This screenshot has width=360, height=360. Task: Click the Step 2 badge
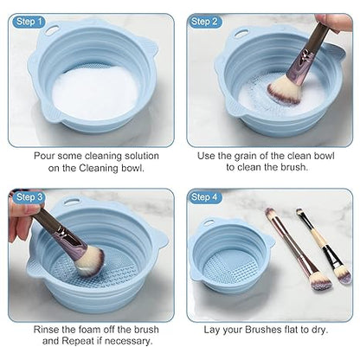point(205,20)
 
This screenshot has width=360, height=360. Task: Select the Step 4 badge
point(205,197)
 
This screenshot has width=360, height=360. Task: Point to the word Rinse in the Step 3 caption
point(48,329)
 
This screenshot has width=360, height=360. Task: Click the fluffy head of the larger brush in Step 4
point(318,279)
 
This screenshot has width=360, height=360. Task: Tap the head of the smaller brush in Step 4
point(344,273)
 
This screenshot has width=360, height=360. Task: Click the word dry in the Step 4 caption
point(335,329)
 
